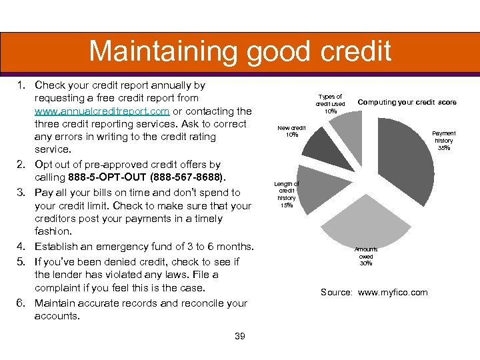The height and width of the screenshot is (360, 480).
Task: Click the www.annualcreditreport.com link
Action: (101, 111)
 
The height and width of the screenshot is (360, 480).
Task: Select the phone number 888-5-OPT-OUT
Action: (111, 177)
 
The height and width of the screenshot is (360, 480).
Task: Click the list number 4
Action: (20, 247)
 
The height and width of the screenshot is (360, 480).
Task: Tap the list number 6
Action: (20, 303)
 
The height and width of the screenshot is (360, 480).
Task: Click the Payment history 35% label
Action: (444, 141)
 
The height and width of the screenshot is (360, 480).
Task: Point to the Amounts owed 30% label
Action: (366, 257)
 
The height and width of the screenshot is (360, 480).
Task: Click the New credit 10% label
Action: (291, 131)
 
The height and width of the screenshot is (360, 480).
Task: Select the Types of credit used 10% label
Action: (330, 104)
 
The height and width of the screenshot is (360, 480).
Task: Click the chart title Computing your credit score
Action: (407, 102)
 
